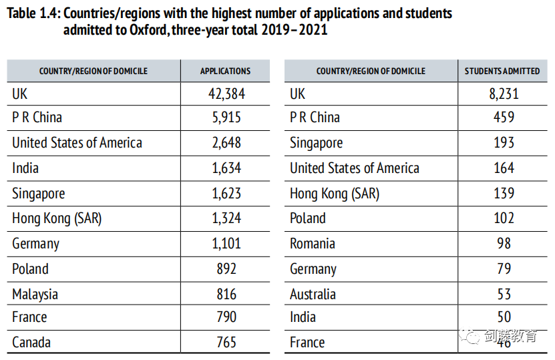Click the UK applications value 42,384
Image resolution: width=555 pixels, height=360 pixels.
coord(226,94)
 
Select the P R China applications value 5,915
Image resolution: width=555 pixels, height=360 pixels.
coord(226,118)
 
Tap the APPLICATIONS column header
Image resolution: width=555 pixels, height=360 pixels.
coord(226,71)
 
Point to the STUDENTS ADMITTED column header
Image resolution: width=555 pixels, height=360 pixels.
coord(502,71)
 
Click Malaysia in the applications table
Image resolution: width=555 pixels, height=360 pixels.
coord(35,295)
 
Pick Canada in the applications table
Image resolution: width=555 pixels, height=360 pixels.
coord(31,343)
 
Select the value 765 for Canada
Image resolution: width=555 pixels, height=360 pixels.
coord(226,343)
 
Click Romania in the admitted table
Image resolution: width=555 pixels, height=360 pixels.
coord(313,244)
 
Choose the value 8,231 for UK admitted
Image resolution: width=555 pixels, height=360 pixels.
coord(504,94)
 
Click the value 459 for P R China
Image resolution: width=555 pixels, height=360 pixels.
coord(504,118)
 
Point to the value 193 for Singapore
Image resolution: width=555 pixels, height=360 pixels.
coord(504,143)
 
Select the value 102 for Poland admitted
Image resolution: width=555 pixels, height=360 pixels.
coord(504,218)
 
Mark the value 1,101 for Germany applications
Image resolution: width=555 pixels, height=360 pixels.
coord(226,244)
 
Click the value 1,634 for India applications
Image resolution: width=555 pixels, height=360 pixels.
coord(226,168)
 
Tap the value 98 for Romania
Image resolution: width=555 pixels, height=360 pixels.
coord(504,244)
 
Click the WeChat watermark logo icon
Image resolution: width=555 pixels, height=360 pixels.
coord(472,336)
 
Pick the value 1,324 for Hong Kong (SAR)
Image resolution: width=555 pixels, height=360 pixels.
coord(226,218)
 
